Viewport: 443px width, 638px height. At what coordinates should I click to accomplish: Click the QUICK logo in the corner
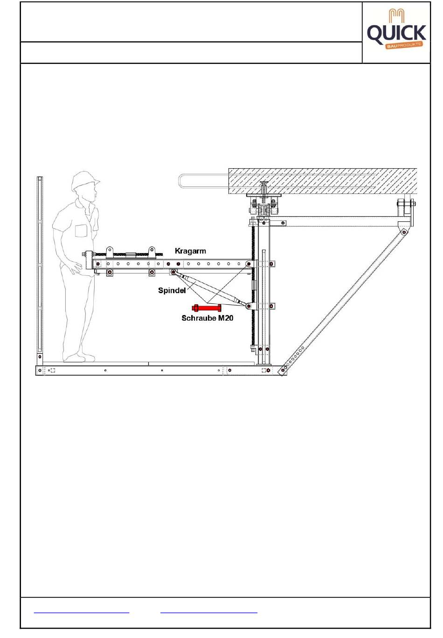pyautogui.click(x=396, y=29)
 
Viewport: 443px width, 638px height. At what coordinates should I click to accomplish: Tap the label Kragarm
pyautogui.click(x=190, y=251)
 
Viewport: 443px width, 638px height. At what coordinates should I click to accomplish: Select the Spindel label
pyautogui.click(x=172, y=290)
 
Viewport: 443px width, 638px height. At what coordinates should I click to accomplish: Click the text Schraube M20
pyautogui.click(x=207, y=318)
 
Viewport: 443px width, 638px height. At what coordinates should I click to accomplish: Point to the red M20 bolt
pyautogui.click(x=207, y=308)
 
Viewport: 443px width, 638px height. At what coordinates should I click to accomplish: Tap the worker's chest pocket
pyautogui.click(x=81, y=231)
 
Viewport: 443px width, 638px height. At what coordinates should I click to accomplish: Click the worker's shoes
pyautogui.click(x=79, y=357)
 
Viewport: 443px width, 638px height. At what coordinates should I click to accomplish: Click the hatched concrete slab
pyautogui.click(x=322, y=181)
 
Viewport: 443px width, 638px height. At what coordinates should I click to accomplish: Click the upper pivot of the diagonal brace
pyautogui.click(x=404, y=232)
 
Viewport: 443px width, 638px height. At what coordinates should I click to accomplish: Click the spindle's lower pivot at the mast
pyautogui.click(x=249, y=306)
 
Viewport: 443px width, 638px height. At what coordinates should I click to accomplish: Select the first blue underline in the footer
pyautogui.click(x=82, y=612)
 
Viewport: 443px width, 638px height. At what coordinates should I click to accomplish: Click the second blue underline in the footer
pyautogui.click(x=208, y=612)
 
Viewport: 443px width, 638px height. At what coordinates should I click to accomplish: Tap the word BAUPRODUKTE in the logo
pyautogui.click(x=404, y=45)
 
